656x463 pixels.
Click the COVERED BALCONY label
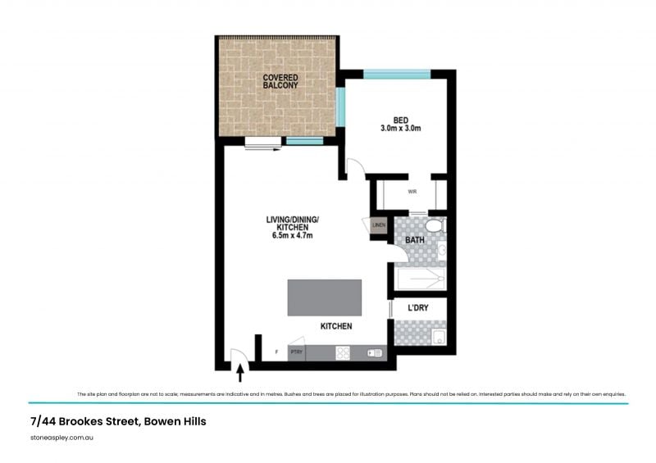point(280,81)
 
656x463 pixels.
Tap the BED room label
point(400,119)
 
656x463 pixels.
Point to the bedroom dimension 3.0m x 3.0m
point(400,129)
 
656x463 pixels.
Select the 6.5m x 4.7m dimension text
point(293,235)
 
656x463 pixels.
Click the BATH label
point(415,240)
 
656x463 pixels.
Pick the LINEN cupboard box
point(378,225)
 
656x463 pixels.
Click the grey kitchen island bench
point(324,297)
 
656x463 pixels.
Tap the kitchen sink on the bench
point(375,353)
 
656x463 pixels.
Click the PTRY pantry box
point(297,353)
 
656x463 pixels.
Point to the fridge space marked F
point(276,353)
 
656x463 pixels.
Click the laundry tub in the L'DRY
point(437,336)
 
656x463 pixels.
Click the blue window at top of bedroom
point(397,75)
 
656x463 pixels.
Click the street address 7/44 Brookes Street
point(117,421)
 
